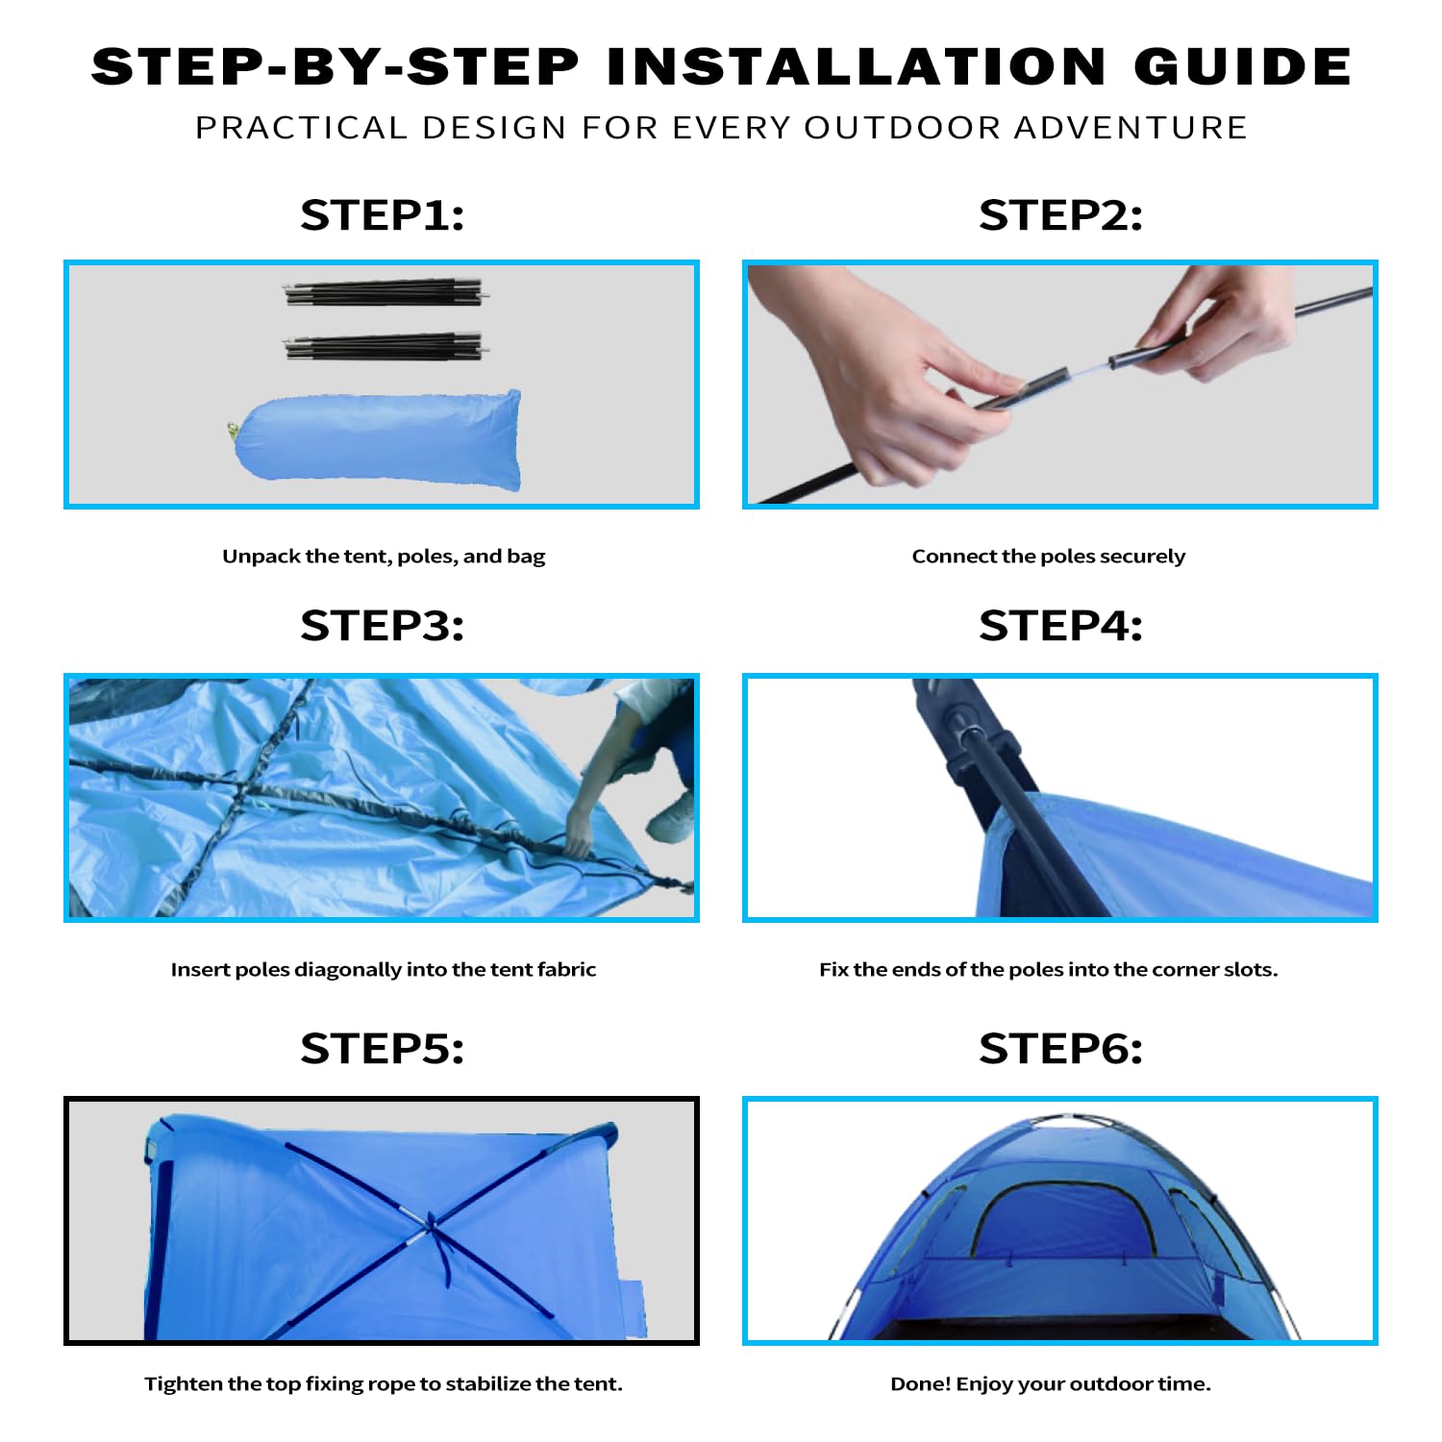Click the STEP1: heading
[x=382, y=215]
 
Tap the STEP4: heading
[x=1060, y=626]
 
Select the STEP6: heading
[x=1060, y=1049]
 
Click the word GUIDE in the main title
[x=1242, y=67]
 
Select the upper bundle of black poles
[x=384, y=293]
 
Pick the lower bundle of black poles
[x=384, y=346]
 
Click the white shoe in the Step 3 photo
[x=670, y=818]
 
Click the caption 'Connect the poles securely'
[x=1048, y=557]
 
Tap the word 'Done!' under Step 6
[x=920, y=1384]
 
